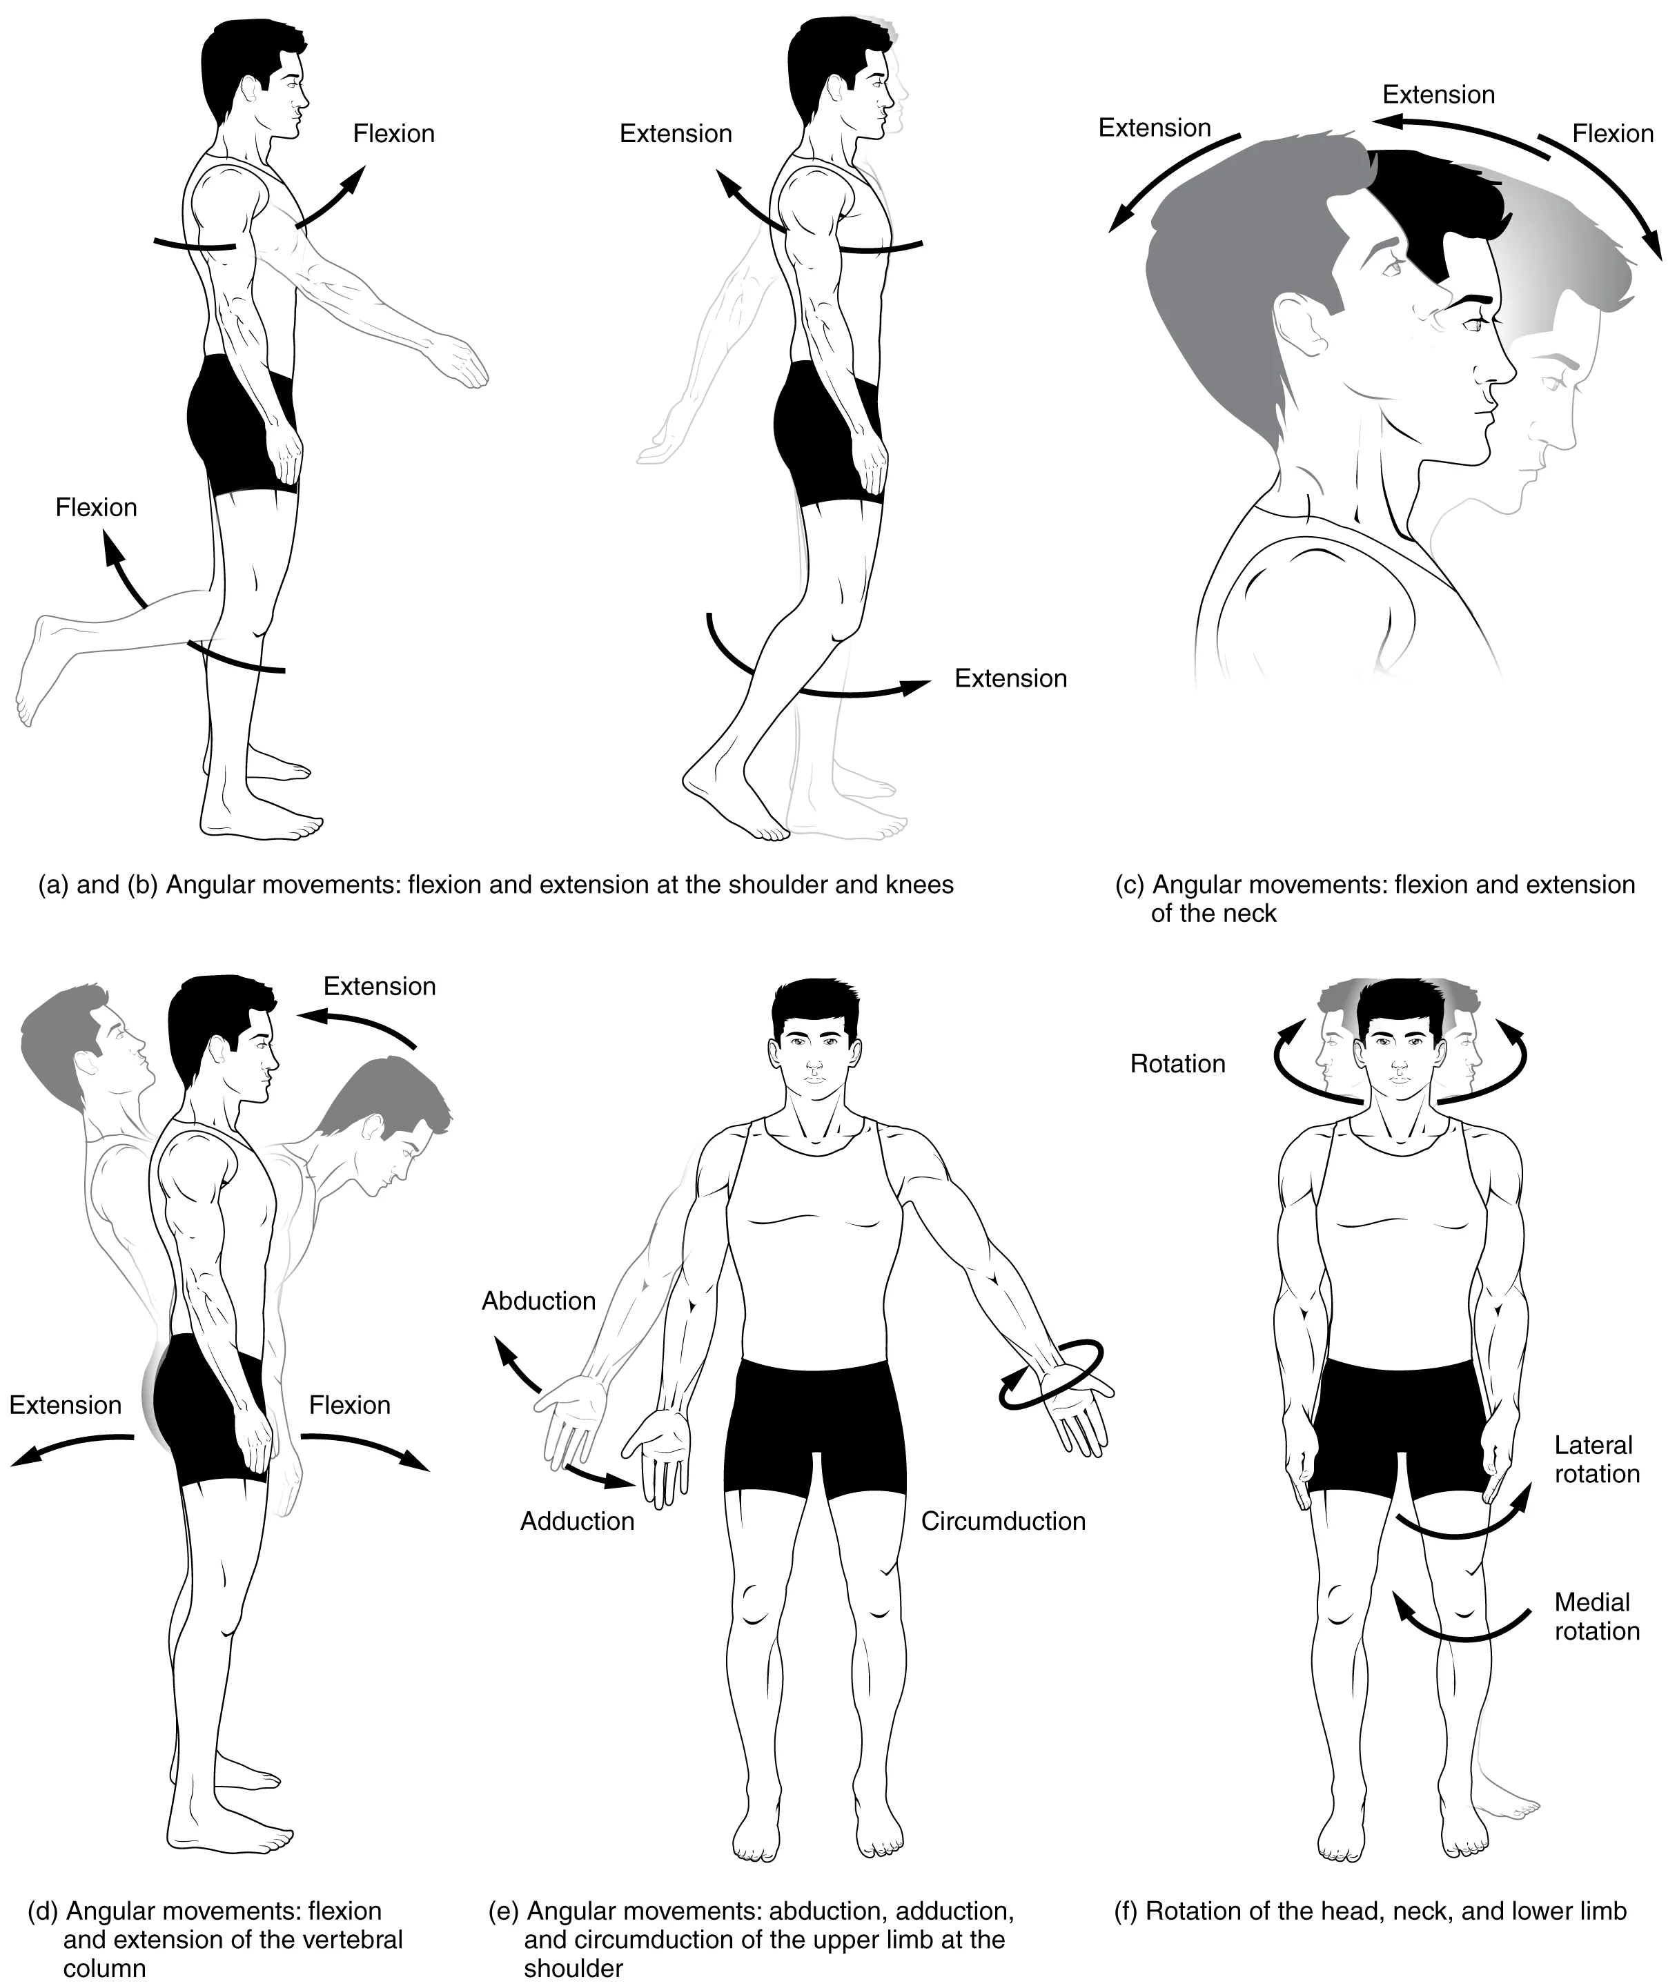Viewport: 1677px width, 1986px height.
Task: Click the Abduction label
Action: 538,1301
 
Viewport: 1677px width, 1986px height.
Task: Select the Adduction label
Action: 577,1521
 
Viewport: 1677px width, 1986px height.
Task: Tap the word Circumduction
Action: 1003,1521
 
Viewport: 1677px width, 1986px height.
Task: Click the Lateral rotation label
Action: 1596,1459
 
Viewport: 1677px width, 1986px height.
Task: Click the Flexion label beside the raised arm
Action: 393,133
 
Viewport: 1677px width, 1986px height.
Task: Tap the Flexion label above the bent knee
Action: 96,508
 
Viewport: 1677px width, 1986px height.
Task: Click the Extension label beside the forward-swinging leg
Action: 1010,678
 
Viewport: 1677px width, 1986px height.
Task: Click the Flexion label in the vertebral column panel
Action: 349,1405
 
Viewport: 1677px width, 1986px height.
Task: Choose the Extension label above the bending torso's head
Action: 380,986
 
